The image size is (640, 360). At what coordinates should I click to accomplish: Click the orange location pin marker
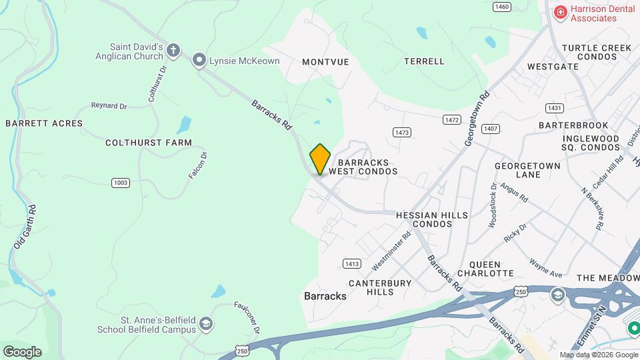point(320,159)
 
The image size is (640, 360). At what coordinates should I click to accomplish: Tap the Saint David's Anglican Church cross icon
point(173,50)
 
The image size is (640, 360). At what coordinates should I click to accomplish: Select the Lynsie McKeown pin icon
point(199,61)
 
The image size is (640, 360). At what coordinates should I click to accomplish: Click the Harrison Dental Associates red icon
point(560,12)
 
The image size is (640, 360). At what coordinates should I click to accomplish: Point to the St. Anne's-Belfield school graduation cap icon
point(206,324)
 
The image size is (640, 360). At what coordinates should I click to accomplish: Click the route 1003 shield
point(120,182)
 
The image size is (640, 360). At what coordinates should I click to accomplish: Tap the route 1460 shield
point(501,7)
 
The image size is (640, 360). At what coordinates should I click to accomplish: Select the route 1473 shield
point(401,133)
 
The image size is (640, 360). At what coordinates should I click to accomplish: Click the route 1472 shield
point(451,119)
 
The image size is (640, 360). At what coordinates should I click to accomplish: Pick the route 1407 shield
point(491,129)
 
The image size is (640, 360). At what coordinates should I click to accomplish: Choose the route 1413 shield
point(352,263)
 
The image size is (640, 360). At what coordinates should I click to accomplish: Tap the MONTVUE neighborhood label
point(325,61)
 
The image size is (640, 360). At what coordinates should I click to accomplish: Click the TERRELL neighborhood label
point(424,61)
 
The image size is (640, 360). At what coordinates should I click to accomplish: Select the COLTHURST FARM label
point(149,143)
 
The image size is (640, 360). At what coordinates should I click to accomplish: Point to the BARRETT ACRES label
point(44,123)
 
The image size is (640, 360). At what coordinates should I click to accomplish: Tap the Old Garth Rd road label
point(25,226)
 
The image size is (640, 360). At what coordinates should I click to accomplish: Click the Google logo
point(22,351)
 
